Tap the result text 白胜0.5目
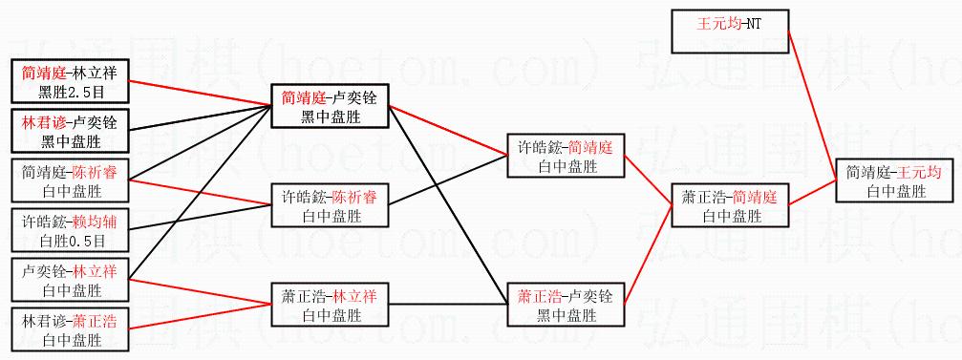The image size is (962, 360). (71, 241)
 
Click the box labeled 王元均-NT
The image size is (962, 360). (730, 32)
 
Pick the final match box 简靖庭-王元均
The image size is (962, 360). (894, 182)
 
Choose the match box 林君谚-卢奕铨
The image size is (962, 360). (71, 131)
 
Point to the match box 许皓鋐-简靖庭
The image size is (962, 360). (567, 156)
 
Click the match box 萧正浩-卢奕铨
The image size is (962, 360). (567, 305)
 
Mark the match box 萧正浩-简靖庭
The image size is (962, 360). (730, 205)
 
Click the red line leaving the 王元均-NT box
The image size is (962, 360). (812, 105)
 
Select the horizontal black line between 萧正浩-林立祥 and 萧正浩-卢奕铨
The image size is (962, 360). (448, 305)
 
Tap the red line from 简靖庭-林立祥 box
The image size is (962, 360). (202, 94)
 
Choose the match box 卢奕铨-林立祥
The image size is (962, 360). (71, 280)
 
